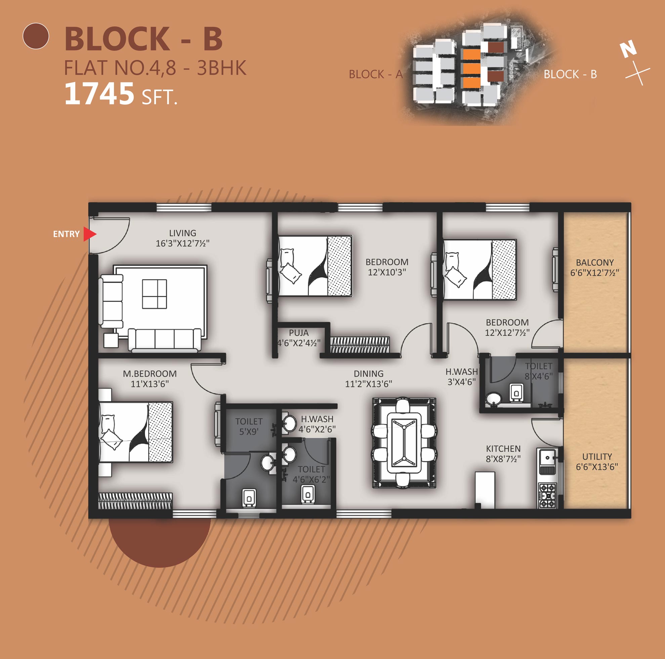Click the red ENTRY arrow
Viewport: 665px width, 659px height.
click(x=89, y=234)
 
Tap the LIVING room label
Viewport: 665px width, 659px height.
click(x=182, y=233)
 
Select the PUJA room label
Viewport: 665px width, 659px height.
click(x=299, y=333)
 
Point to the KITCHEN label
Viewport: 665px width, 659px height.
click(x=503, y=449)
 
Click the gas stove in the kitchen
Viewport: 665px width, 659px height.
click(x=547, y=495)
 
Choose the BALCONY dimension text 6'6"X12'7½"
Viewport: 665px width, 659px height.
click(x=595, y=273)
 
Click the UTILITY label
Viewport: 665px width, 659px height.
click(x=597, y=457)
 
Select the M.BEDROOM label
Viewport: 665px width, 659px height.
click(x=150, y=374)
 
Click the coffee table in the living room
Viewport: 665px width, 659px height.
click(x=155, y=294)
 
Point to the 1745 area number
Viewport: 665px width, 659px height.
click(x=99, y=94)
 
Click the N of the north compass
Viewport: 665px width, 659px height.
click(x=628, y=50)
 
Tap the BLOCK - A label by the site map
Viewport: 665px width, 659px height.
click(x=376, y=74)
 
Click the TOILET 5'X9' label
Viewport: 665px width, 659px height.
click(x=249, y=426)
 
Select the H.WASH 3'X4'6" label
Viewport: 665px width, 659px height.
click(x=462, y=377)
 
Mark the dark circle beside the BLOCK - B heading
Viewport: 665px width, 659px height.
click(x=36, y=36)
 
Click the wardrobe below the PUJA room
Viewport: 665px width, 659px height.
click(x=360, y=345)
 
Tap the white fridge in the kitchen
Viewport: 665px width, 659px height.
click(x=485, y=490)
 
